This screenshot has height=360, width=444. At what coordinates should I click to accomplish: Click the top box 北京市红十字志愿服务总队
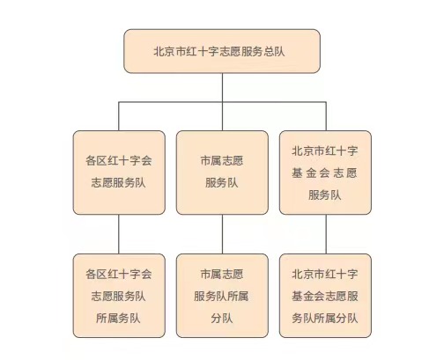click(x=222, y=51)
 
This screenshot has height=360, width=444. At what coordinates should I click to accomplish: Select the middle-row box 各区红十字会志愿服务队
click(x=119, y=173)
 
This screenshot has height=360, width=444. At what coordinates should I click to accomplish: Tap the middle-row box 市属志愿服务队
click(x=222, y=173)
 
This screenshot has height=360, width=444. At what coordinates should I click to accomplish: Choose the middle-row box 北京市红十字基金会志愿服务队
click(x=325, y=173)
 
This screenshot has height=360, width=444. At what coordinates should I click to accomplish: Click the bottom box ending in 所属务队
click(x=119, y=296)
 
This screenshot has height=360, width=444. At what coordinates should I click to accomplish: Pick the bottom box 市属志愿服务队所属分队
click(x=222, y=296)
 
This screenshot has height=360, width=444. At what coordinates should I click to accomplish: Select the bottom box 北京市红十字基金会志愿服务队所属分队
click(x=325, y=296)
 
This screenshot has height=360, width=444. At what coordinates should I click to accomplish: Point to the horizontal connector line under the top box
click(x=222, y=102)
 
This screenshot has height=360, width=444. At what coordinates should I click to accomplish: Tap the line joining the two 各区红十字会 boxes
click(x=119, y=234)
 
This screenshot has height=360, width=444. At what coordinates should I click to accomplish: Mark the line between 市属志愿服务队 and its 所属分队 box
click(x=222, y=234)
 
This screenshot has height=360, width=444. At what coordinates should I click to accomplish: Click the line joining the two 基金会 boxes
click(x=326, y=234)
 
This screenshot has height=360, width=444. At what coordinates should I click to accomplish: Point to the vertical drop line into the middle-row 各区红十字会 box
click(x=119, y=116)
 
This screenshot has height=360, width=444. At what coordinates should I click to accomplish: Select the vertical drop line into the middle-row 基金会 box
click(x=326, y=116)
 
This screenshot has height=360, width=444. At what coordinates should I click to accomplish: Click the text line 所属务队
click(x=118, y=318)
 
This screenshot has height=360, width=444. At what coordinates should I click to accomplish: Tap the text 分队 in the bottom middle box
click(x=222, y=318)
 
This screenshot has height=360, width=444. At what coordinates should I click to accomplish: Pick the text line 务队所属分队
click(x=325, y=318)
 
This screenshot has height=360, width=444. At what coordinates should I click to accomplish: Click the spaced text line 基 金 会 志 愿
click(x=324, y=173)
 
